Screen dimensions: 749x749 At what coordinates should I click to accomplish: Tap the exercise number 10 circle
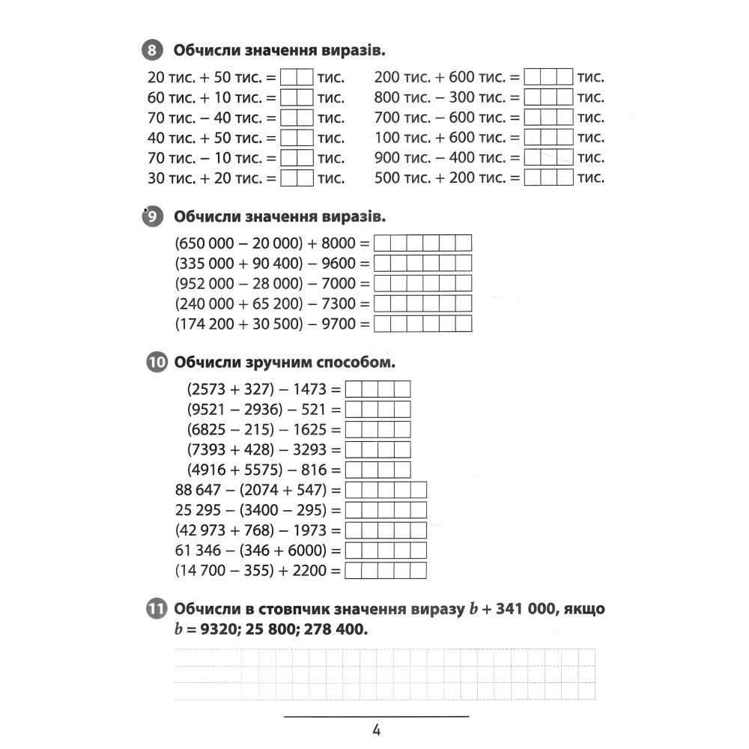coord(155,363)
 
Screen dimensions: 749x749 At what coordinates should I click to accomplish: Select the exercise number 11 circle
coord(155,609)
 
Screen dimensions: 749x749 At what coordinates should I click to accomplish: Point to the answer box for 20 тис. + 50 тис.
coord(296,77)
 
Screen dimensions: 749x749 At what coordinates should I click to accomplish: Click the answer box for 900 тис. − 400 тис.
coord(548,158)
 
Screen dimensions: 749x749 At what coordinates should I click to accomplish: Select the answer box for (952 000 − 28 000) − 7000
coord(422,284)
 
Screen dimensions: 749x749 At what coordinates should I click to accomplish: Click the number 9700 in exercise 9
coord(333,324)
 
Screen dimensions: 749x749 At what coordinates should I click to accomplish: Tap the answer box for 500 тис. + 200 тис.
coord(548,178)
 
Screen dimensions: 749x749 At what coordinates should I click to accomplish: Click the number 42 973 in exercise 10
coord(204,531)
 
